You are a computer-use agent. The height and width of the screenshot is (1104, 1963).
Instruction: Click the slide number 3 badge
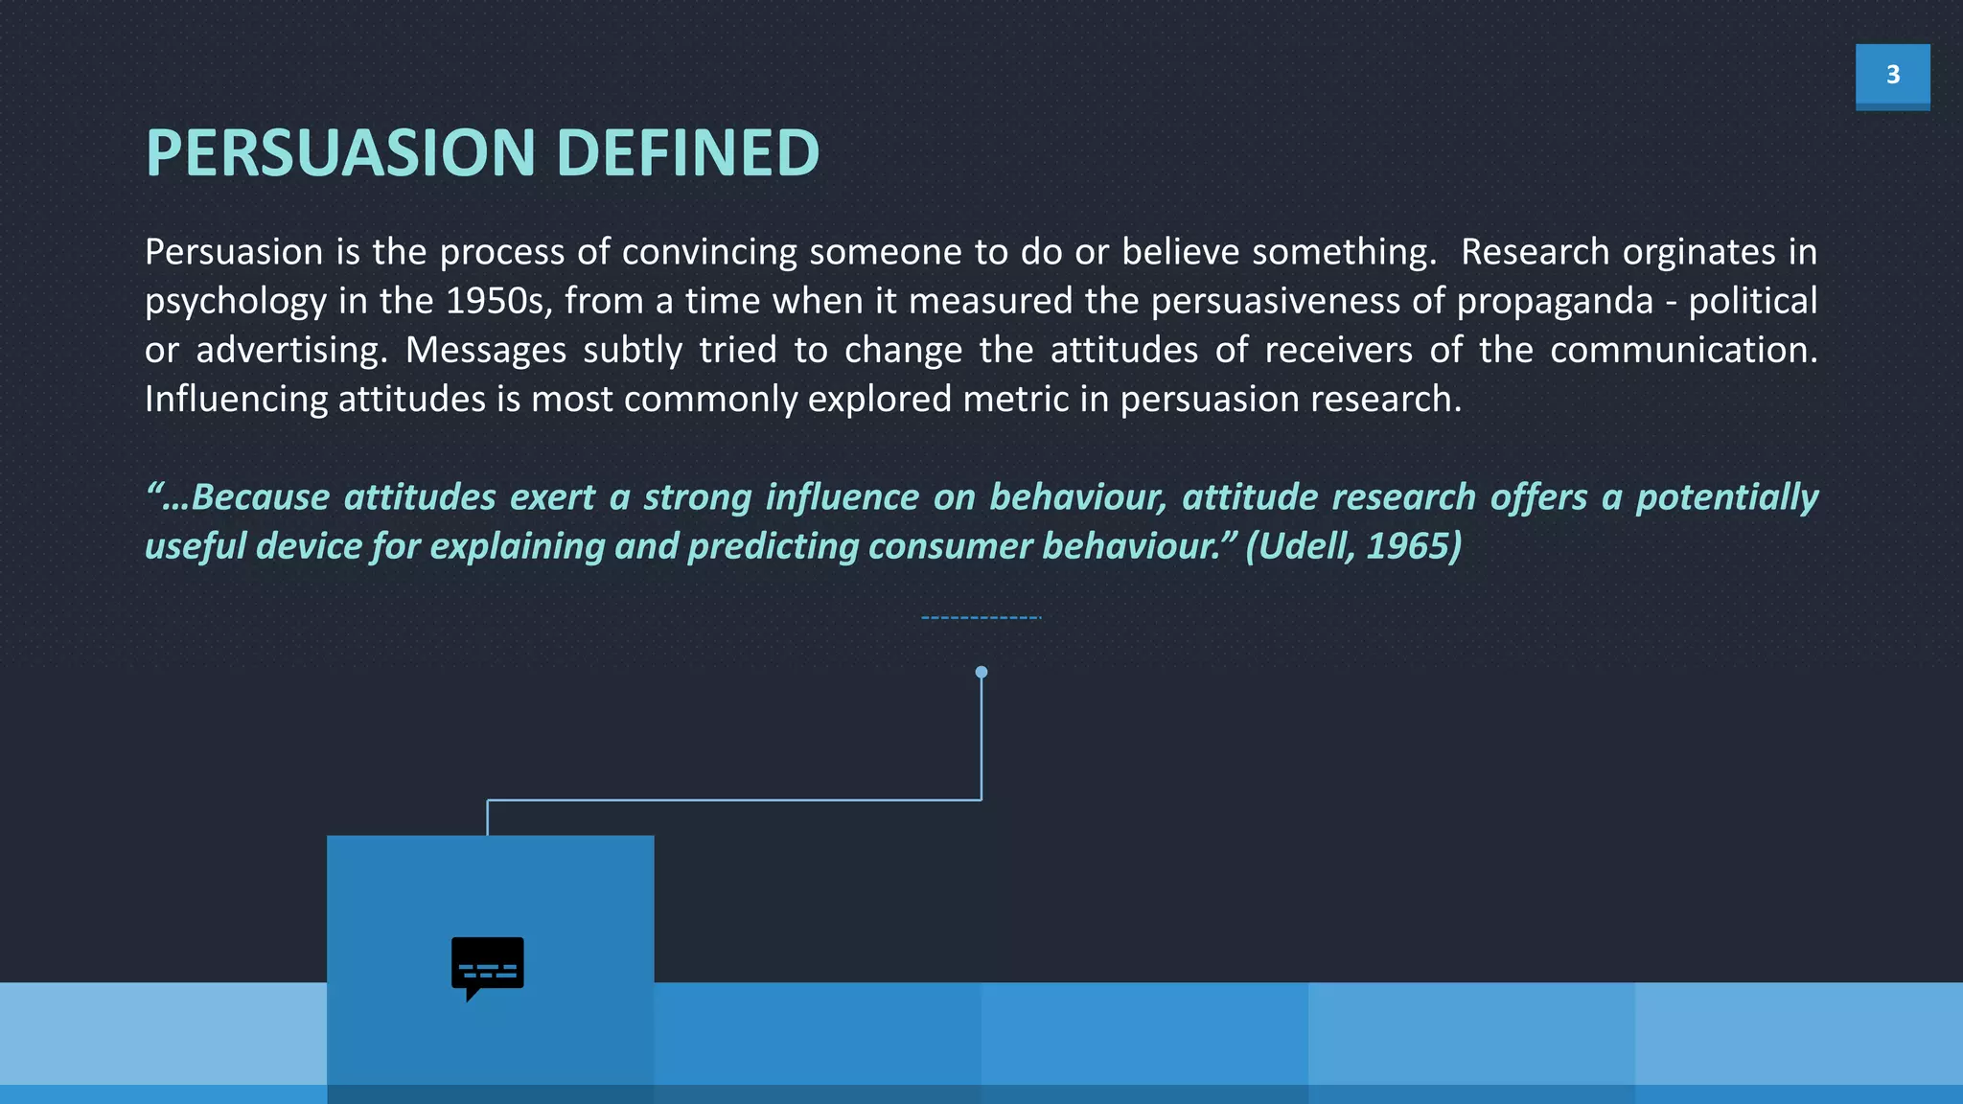click(1892, 75)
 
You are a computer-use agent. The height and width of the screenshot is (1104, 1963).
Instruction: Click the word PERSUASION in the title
click(340, 153)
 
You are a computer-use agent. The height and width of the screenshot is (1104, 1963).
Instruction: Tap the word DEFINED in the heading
click(687, 153)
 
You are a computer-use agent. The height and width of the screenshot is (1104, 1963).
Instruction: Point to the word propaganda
click(1555, 301)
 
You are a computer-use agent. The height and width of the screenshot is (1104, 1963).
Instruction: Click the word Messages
click(485, 350)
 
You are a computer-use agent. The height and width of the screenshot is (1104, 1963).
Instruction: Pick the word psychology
click(236, 301)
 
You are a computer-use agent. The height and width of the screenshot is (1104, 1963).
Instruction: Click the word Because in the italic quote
click(260, 497)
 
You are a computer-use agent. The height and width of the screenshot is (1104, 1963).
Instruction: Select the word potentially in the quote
click(1726, 497)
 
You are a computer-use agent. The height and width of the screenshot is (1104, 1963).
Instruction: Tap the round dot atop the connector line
click(981, 672)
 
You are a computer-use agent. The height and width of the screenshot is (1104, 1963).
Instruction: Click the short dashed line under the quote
click(981, 618)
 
